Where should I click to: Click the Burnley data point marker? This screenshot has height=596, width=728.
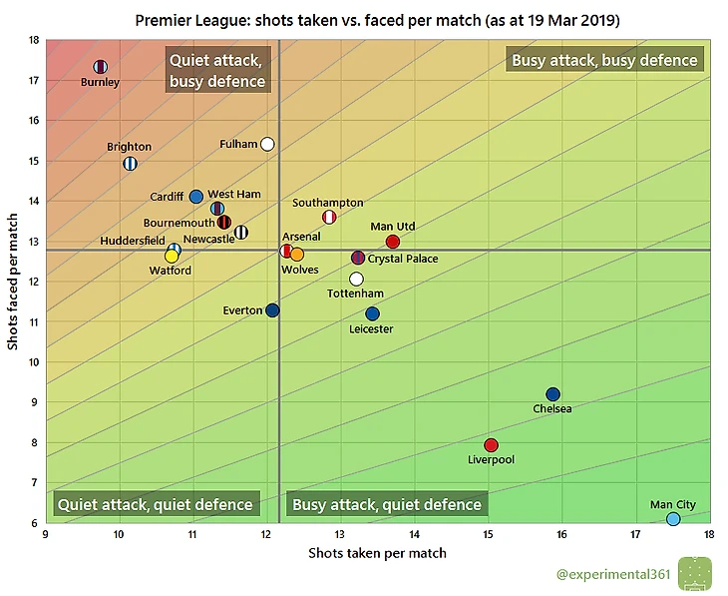(100, 67)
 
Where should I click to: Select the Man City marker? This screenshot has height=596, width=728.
(673, 519)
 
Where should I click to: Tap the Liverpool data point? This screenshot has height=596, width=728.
(491, 445)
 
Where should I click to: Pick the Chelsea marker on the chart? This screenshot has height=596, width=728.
(552, 394)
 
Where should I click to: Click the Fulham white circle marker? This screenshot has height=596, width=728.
(267, 144)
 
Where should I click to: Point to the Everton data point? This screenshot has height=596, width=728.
(272, 310)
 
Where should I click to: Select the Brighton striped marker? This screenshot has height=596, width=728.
(130, 164)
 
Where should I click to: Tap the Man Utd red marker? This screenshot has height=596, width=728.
(392, 242)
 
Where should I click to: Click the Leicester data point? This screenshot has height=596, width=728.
(372, 313)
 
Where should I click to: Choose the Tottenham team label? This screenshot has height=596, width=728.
(355, 294)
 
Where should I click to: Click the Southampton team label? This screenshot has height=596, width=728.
(327, 203)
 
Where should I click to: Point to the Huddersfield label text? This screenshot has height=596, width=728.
(133, 241)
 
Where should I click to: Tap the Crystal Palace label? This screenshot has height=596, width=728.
(404, 259)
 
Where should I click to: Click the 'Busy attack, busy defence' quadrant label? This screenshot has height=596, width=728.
(604, 60)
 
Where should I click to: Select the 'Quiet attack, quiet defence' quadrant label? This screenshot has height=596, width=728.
(156, 504)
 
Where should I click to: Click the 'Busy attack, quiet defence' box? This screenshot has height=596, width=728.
(387, 504)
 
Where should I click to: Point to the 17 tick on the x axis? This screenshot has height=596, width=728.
(635, 535)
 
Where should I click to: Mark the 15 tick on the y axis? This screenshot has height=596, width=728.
(33, 161)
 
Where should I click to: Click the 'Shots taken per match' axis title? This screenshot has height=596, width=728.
(377, 552)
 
